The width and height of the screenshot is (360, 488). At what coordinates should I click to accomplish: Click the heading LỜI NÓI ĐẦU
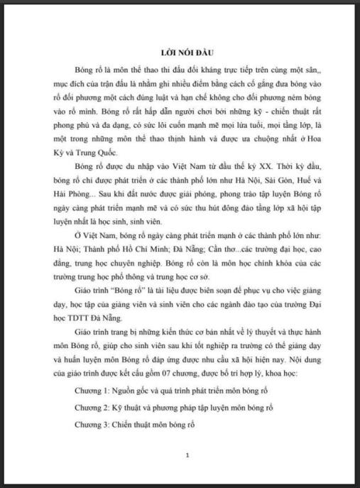click(187, 53)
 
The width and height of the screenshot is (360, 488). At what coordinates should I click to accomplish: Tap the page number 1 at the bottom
click(187, 455)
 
